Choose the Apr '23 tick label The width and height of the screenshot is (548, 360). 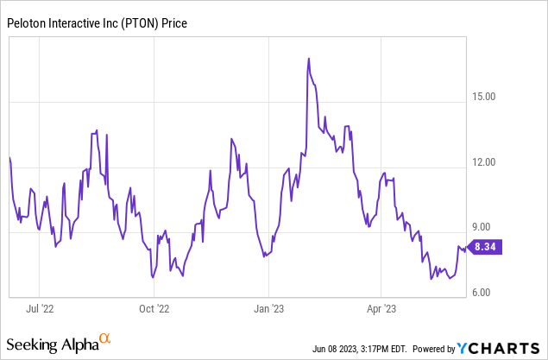[x=381, y=306]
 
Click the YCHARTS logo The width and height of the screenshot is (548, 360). [x=500, y=348]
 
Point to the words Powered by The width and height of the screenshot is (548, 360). [x=434, y=349]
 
